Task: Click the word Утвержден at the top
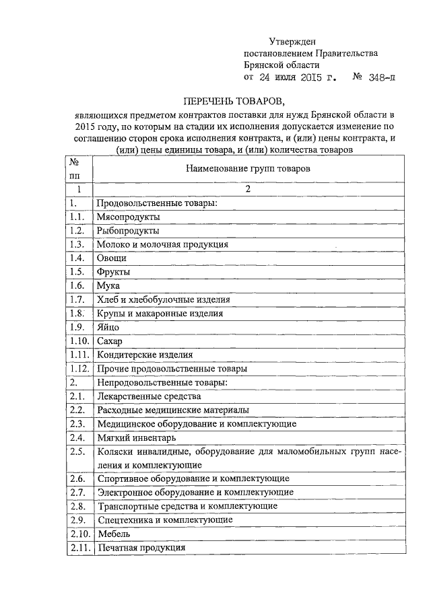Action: pos(292,42)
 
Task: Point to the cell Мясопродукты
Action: pos(129,217)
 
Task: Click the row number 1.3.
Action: pos(76,244)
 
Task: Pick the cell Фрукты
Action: pos(114,272)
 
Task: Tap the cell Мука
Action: pos(108,286)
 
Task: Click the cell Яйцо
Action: pos(108,327)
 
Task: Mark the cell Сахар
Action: pos(110,341)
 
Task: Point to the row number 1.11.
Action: pos(78,355)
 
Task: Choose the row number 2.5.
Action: pos(76,452)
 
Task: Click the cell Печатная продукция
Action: pos(141,548)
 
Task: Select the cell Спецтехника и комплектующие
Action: pos(165,520)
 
